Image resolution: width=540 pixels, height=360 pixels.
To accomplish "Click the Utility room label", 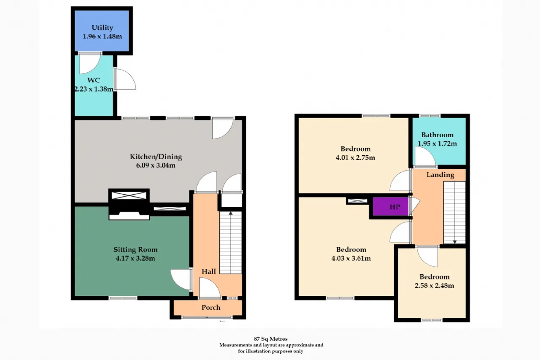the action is (x=102, y=28).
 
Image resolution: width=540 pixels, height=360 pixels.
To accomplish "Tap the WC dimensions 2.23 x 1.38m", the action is (x=94, y=89).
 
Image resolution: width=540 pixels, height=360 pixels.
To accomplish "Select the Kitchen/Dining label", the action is (x=156, y=157).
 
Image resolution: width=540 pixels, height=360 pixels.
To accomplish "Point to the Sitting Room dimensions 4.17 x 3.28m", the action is (x=135, y=258).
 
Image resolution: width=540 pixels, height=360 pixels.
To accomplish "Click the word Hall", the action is (x=208, y=271).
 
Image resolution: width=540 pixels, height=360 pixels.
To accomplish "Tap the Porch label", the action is (x=211, y=307).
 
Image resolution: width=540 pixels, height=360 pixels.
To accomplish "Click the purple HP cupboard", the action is (x=391, y=206).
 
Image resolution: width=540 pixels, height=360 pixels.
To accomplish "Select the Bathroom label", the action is (x=437, y=135).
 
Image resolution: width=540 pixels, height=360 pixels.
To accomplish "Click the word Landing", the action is (x=440, y=175).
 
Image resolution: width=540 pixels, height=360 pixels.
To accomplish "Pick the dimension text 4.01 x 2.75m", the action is (x=355, y=158).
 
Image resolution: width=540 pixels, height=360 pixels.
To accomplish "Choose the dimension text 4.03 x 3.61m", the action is (x=351, y=258).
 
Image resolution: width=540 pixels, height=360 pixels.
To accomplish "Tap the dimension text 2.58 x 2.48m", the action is (x=435, y=285).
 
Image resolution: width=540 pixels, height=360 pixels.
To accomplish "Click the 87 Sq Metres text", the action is (x=270, y=339).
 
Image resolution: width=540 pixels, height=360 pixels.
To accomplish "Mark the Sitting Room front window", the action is (x=123, y=298).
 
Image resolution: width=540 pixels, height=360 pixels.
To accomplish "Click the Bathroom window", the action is (x=430, y=116).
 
